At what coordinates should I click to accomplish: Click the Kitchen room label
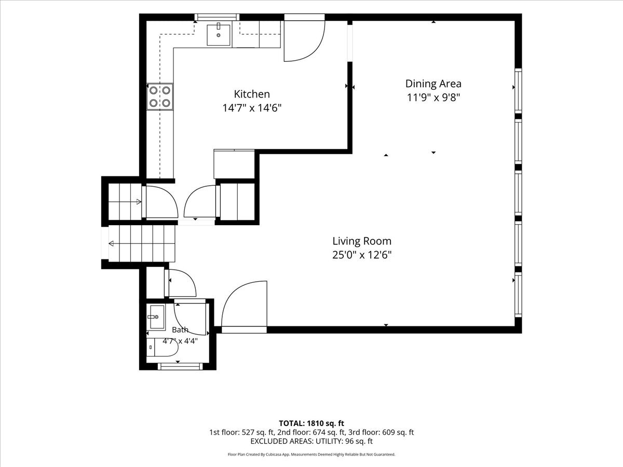[252, 94]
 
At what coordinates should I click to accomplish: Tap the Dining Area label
[433, 84]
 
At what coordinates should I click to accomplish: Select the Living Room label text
[362, 241]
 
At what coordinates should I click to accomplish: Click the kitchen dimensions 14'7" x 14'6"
[252, 108]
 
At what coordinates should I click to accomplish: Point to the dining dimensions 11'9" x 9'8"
[433, 98]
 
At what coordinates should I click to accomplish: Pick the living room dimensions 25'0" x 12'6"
[362, 255]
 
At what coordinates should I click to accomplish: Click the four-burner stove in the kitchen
[160, 97]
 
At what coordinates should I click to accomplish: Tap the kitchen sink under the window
[218, 35]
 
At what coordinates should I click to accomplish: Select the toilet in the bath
[162, 348]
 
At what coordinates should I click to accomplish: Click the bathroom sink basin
[157, 317]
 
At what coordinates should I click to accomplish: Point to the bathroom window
[180, 367]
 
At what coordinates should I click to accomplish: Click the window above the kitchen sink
[217, 17]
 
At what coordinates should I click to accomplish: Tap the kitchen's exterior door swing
[305, 41]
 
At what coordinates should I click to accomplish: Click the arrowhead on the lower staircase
[111, 243]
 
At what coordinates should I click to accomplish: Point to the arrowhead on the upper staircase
[139, 202]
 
